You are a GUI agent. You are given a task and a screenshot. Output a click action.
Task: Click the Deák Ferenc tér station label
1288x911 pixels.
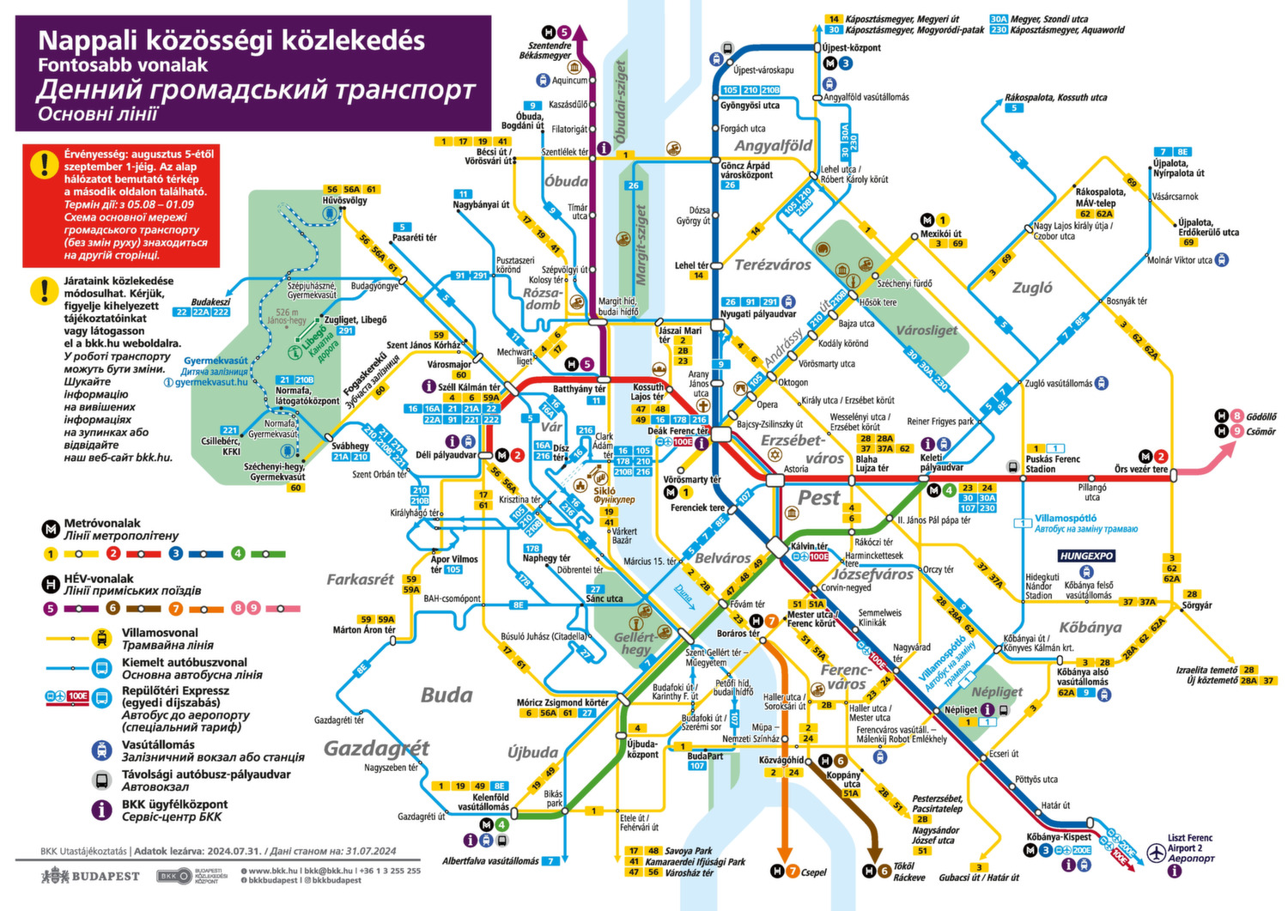pos(678,431)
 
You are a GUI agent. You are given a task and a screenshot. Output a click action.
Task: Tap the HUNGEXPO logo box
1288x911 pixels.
pos(1086,556)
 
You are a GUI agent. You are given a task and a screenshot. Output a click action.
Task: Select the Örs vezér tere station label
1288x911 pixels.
pos(1141,470)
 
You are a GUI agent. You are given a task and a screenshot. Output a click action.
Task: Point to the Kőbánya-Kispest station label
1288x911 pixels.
pos(1059,836)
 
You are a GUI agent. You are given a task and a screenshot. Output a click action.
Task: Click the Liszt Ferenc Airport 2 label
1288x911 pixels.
pos(1190,843)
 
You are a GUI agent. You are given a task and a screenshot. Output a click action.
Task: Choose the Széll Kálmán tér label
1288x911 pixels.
pos(469,387)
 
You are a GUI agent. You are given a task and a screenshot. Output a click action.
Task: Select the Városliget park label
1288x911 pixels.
pos(927,331)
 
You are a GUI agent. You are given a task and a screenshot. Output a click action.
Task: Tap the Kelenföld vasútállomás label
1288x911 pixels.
pos(483,802)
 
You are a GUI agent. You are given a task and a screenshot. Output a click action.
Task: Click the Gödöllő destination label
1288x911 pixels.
pos(1261,416)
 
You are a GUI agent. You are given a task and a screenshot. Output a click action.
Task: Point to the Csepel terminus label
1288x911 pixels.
pos(813,872)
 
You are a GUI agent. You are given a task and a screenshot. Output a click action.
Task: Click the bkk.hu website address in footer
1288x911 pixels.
pos(275,871)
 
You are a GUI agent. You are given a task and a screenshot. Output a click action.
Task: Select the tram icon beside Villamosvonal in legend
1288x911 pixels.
pos(102,638)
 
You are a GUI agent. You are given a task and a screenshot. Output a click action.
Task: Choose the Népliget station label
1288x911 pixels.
pos(960,710)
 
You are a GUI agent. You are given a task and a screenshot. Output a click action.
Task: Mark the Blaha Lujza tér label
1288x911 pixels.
pos(872,463)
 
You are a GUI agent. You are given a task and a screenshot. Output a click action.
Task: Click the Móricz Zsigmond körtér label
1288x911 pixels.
pos(562,702)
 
